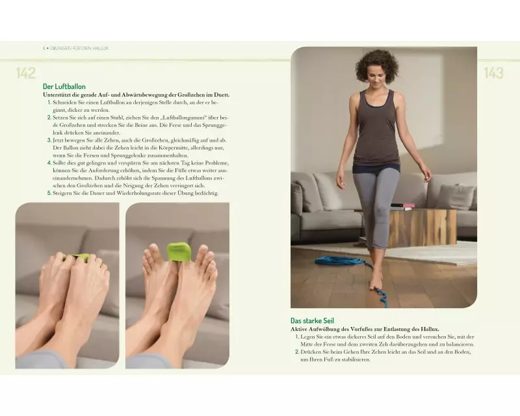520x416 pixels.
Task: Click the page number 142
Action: pos(26,73)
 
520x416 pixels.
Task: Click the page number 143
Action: pos(493,73)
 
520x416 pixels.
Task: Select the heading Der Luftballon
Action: pos(64,86)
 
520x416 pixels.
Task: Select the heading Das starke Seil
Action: pos(312,321)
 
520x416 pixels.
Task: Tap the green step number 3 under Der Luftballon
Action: pos(49,140)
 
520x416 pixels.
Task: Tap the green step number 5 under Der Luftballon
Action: pos(49,193)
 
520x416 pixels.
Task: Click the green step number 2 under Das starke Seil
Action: pos(297,352)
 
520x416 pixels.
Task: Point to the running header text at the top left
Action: pos(75,48)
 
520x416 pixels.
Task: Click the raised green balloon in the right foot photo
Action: pos(180,252)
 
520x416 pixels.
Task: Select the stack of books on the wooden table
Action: pos(402,207)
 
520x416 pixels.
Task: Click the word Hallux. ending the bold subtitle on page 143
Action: pos(430,330)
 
